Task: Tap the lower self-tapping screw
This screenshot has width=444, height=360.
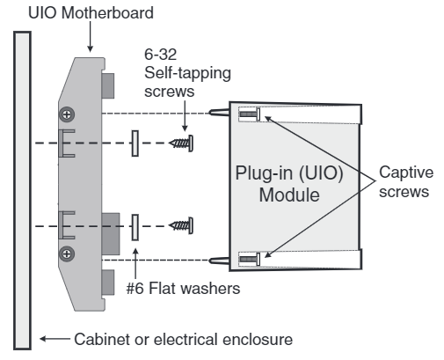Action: click(x=181, y=226)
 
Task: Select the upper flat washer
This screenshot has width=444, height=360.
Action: click(x=135, y=143)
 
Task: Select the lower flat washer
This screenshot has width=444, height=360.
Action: click(x=135, y=226)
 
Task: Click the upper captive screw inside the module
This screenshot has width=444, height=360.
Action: click(x=250, y=114)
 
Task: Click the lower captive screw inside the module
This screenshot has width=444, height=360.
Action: click(x=250, y=259)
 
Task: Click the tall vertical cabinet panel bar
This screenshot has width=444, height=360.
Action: click(x=23, y=189)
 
